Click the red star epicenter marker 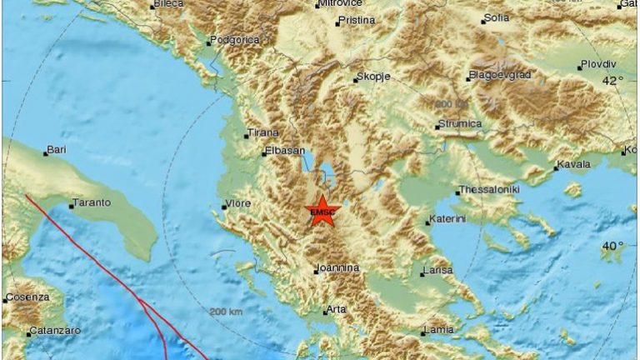[x=321, y=212]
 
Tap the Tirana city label [x=262, y=133]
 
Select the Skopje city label [x=373, y=77]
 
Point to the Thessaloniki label [x=489, y=191]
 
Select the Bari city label [x=57, y=150]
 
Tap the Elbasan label [x=281, y=152]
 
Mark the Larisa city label [x=438, y=271]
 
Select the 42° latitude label [x=613, y=81]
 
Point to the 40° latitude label [x=613, y=246]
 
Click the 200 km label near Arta [x=227, y=312]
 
